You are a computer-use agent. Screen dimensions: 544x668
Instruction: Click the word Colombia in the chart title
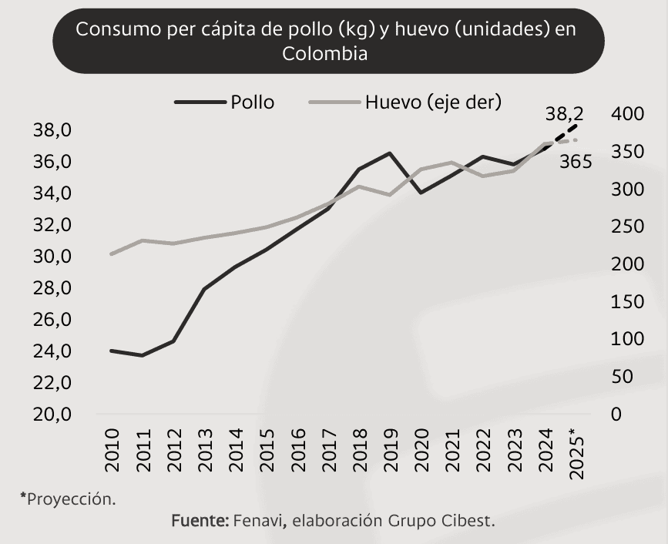pos(324,54)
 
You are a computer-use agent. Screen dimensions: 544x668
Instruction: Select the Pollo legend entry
pos(252,102)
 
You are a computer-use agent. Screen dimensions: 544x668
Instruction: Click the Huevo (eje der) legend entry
pos(433,102)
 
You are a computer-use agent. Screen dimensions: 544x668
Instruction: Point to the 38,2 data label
pos(564,114)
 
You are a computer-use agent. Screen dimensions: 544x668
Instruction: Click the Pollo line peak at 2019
pos(390,153)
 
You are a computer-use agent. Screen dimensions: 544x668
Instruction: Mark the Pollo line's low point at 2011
pos(142,355)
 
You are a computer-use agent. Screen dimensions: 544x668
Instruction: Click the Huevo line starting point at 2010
pos(112,254)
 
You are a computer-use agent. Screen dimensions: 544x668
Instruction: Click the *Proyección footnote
pos(68,498)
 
